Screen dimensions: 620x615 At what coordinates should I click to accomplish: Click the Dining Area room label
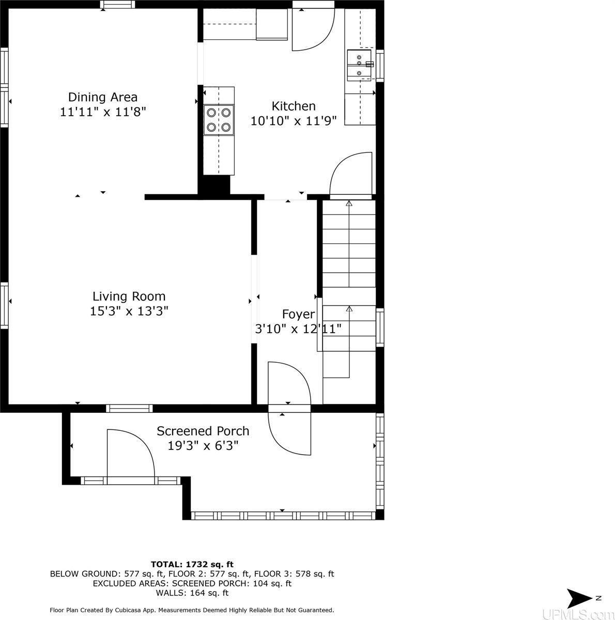coord(103,97)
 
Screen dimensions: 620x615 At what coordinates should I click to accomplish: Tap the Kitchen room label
coord(294,106)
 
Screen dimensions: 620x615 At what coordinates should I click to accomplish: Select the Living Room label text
coord(129,297)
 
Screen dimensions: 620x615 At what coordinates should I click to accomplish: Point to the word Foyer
coord(298,314)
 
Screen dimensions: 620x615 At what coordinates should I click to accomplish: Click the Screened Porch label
coord(203,431)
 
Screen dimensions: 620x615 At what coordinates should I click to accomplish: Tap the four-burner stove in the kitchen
coord(219,119)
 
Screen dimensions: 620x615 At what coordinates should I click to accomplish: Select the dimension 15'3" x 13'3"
coord(129,311)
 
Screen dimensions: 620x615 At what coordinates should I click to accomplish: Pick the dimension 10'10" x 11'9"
coord(294,121)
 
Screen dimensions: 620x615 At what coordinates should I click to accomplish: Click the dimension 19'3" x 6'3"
coord(203,445)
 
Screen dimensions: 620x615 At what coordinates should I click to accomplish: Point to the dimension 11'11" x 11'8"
coord(103,112)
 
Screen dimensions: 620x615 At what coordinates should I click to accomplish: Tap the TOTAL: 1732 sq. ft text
coord(192,564)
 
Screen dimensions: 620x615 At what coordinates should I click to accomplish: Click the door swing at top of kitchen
coord(313,30)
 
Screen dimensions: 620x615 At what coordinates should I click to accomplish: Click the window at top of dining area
coord(118,5)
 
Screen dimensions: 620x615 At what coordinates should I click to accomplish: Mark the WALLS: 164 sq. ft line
coord(192,593)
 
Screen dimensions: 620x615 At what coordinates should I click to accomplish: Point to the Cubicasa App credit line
coord(192,610)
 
